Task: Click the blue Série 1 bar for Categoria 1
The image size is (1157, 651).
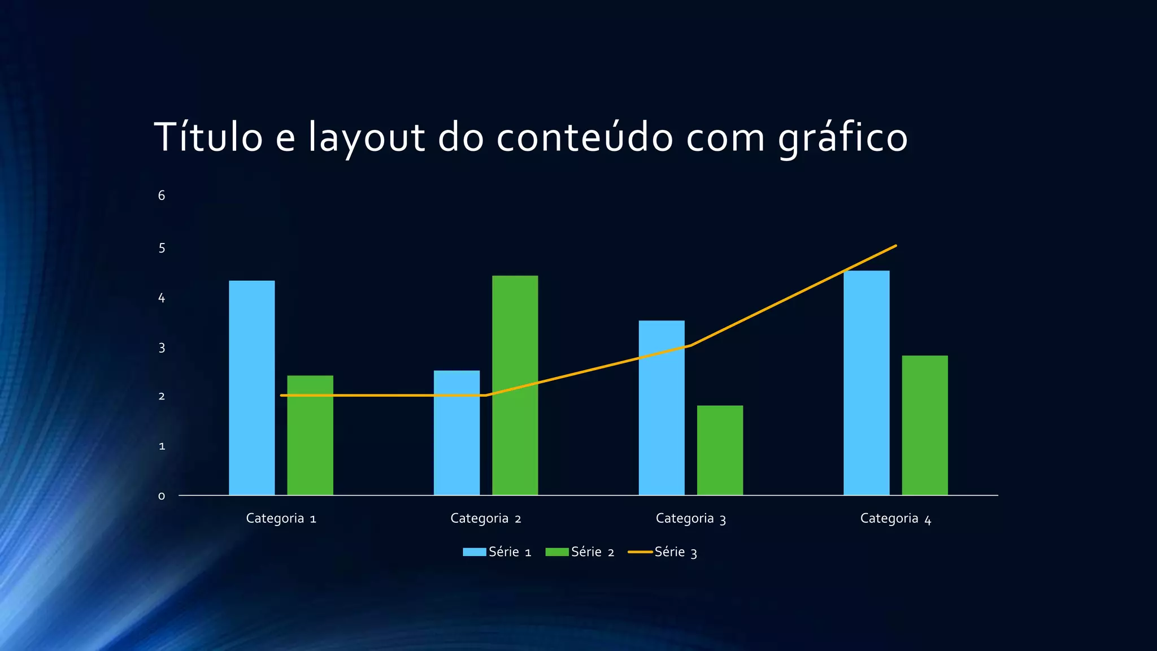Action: point(251,388)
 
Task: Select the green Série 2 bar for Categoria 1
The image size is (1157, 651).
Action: point(310,435)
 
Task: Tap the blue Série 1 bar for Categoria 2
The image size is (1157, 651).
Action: point(456,433)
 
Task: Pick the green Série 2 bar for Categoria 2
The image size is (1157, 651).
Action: point(515,385)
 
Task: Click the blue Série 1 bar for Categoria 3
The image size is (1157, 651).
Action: point(662,407)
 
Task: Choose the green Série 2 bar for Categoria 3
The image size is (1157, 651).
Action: point(720,450)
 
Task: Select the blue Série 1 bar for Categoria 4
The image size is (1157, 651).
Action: point(866,383)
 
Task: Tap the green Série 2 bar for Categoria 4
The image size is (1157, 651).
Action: point(925,425)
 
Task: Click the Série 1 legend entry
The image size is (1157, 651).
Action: point(497,552)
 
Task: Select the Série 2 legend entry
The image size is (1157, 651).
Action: point(580,552)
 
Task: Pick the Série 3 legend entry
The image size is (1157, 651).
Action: point(663,552)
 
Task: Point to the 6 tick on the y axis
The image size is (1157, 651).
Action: point(162,196)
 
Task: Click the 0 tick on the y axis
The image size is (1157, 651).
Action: point(162,496)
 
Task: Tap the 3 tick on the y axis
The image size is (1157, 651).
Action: point(162,348)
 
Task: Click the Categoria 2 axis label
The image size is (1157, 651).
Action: point(485,519)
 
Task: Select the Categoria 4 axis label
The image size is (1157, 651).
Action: point(895,519)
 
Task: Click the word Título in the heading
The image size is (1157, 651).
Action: point(208,137)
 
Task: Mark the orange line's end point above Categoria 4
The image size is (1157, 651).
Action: point(895,246)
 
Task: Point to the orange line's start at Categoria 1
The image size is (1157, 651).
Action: point(281,396)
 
